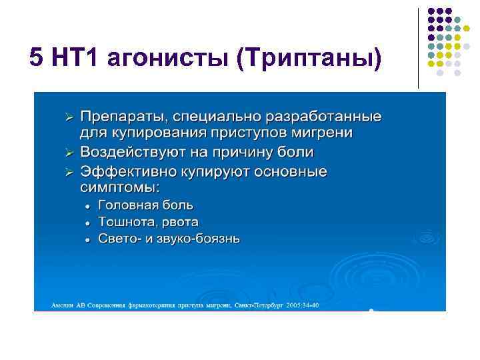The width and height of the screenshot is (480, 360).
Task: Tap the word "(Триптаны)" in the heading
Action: [x=309, y=58]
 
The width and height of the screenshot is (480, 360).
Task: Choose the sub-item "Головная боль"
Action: [x=145, y=205]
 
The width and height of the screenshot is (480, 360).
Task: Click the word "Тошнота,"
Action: [x=125, y=221]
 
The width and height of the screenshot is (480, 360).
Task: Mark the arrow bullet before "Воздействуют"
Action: [x=67, y=153]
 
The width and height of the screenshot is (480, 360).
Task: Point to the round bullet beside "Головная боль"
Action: [x=87, y=205]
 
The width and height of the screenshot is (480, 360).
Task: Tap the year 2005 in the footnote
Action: [x=293, y=305]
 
